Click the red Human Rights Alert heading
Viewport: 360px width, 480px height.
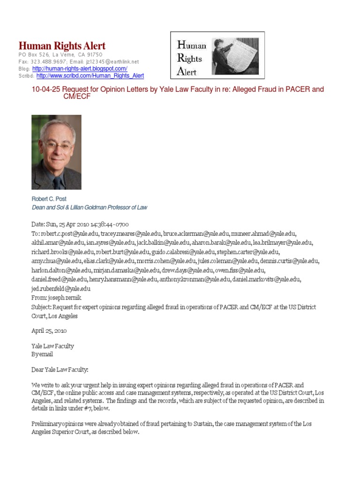click(62, 46)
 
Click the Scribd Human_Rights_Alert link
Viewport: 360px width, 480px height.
click(90, 75)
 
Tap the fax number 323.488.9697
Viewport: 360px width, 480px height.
click(47, 61)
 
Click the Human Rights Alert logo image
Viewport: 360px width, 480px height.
click(217, 55)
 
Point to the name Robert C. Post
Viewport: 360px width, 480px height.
click(49, 199)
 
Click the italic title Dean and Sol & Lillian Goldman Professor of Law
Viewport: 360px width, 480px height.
click(89, 207)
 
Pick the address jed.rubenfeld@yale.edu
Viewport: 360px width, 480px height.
click(60, 289)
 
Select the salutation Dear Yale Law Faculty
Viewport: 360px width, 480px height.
click(60, 370)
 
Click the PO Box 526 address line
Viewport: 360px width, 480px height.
click(57, 55)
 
